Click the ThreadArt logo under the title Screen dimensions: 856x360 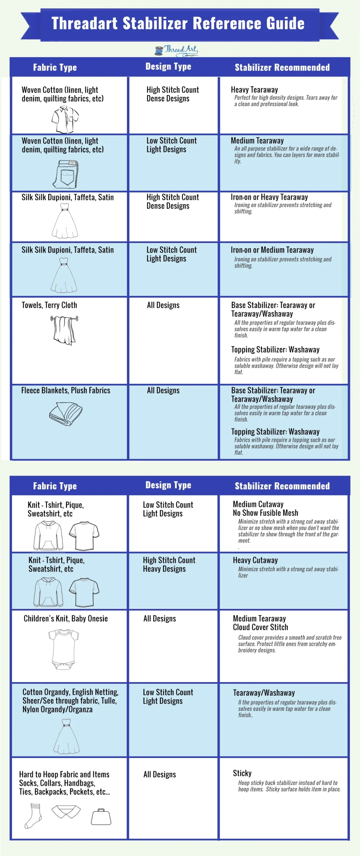176,50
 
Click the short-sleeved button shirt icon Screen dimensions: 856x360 65,119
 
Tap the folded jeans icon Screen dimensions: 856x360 66,174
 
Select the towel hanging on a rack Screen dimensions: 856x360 65,330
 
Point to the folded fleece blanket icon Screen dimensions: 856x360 66,413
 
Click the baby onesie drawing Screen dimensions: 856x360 64,649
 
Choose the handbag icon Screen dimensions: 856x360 101,817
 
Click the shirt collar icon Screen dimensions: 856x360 66,812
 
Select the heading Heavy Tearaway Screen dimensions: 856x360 254,90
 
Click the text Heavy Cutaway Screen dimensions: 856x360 255,560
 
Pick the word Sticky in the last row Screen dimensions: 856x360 242,773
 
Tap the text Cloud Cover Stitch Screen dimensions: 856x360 260,627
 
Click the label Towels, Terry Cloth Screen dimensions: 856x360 49,305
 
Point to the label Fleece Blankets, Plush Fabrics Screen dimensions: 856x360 66,390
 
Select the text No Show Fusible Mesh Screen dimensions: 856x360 265,513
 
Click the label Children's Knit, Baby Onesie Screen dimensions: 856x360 66,619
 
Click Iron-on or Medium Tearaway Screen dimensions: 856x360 272,250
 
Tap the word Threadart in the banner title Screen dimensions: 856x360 85,23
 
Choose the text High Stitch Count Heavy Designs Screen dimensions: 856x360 169,564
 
